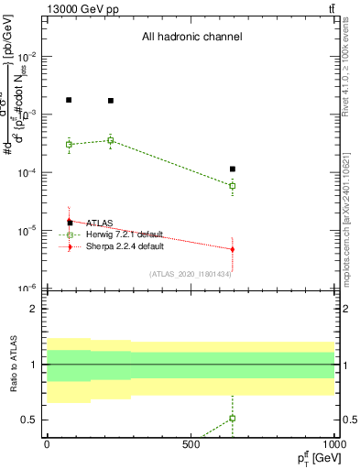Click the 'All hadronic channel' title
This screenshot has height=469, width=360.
point(191,38)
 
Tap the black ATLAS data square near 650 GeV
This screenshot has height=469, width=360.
point(233,169)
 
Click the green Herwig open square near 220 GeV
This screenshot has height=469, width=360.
point(111,140)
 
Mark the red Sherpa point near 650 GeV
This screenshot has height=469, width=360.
point(233,249)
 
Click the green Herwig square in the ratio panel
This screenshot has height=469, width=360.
point(233,418)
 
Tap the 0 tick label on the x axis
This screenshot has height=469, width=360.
point(47,443)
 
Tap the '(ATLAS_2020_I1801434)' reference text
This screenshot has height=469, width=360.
point(190,273)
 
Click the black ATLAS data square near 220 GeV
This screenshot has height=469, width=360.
point(111,101)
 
